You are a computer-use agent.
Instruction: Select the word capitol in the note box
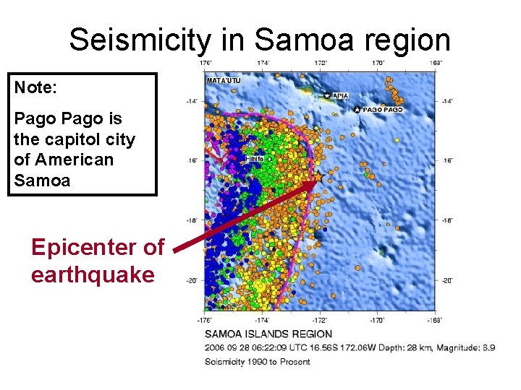click(98, 139)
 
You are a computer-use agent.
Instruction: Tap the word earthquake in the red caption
click(93, 275)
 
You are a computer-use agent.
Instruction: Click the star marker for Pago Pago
click(357, 110)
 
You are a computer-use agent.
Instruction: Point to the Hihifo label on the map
click(254, 158)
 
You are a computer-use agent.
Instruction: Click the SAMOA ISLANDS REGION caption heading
click(268, 334)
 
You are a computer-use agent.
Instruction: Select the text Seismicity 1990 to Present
click(257, 361)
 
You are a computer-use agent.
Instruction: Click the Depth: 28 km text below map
click(402, 348)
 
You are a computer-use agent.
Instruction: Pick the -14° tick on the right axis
click(448, 101)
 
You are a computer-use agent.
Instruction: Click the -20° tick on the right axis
click(448, 281)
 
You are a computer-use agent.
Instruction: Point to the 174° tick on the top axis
click(263, 64)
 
